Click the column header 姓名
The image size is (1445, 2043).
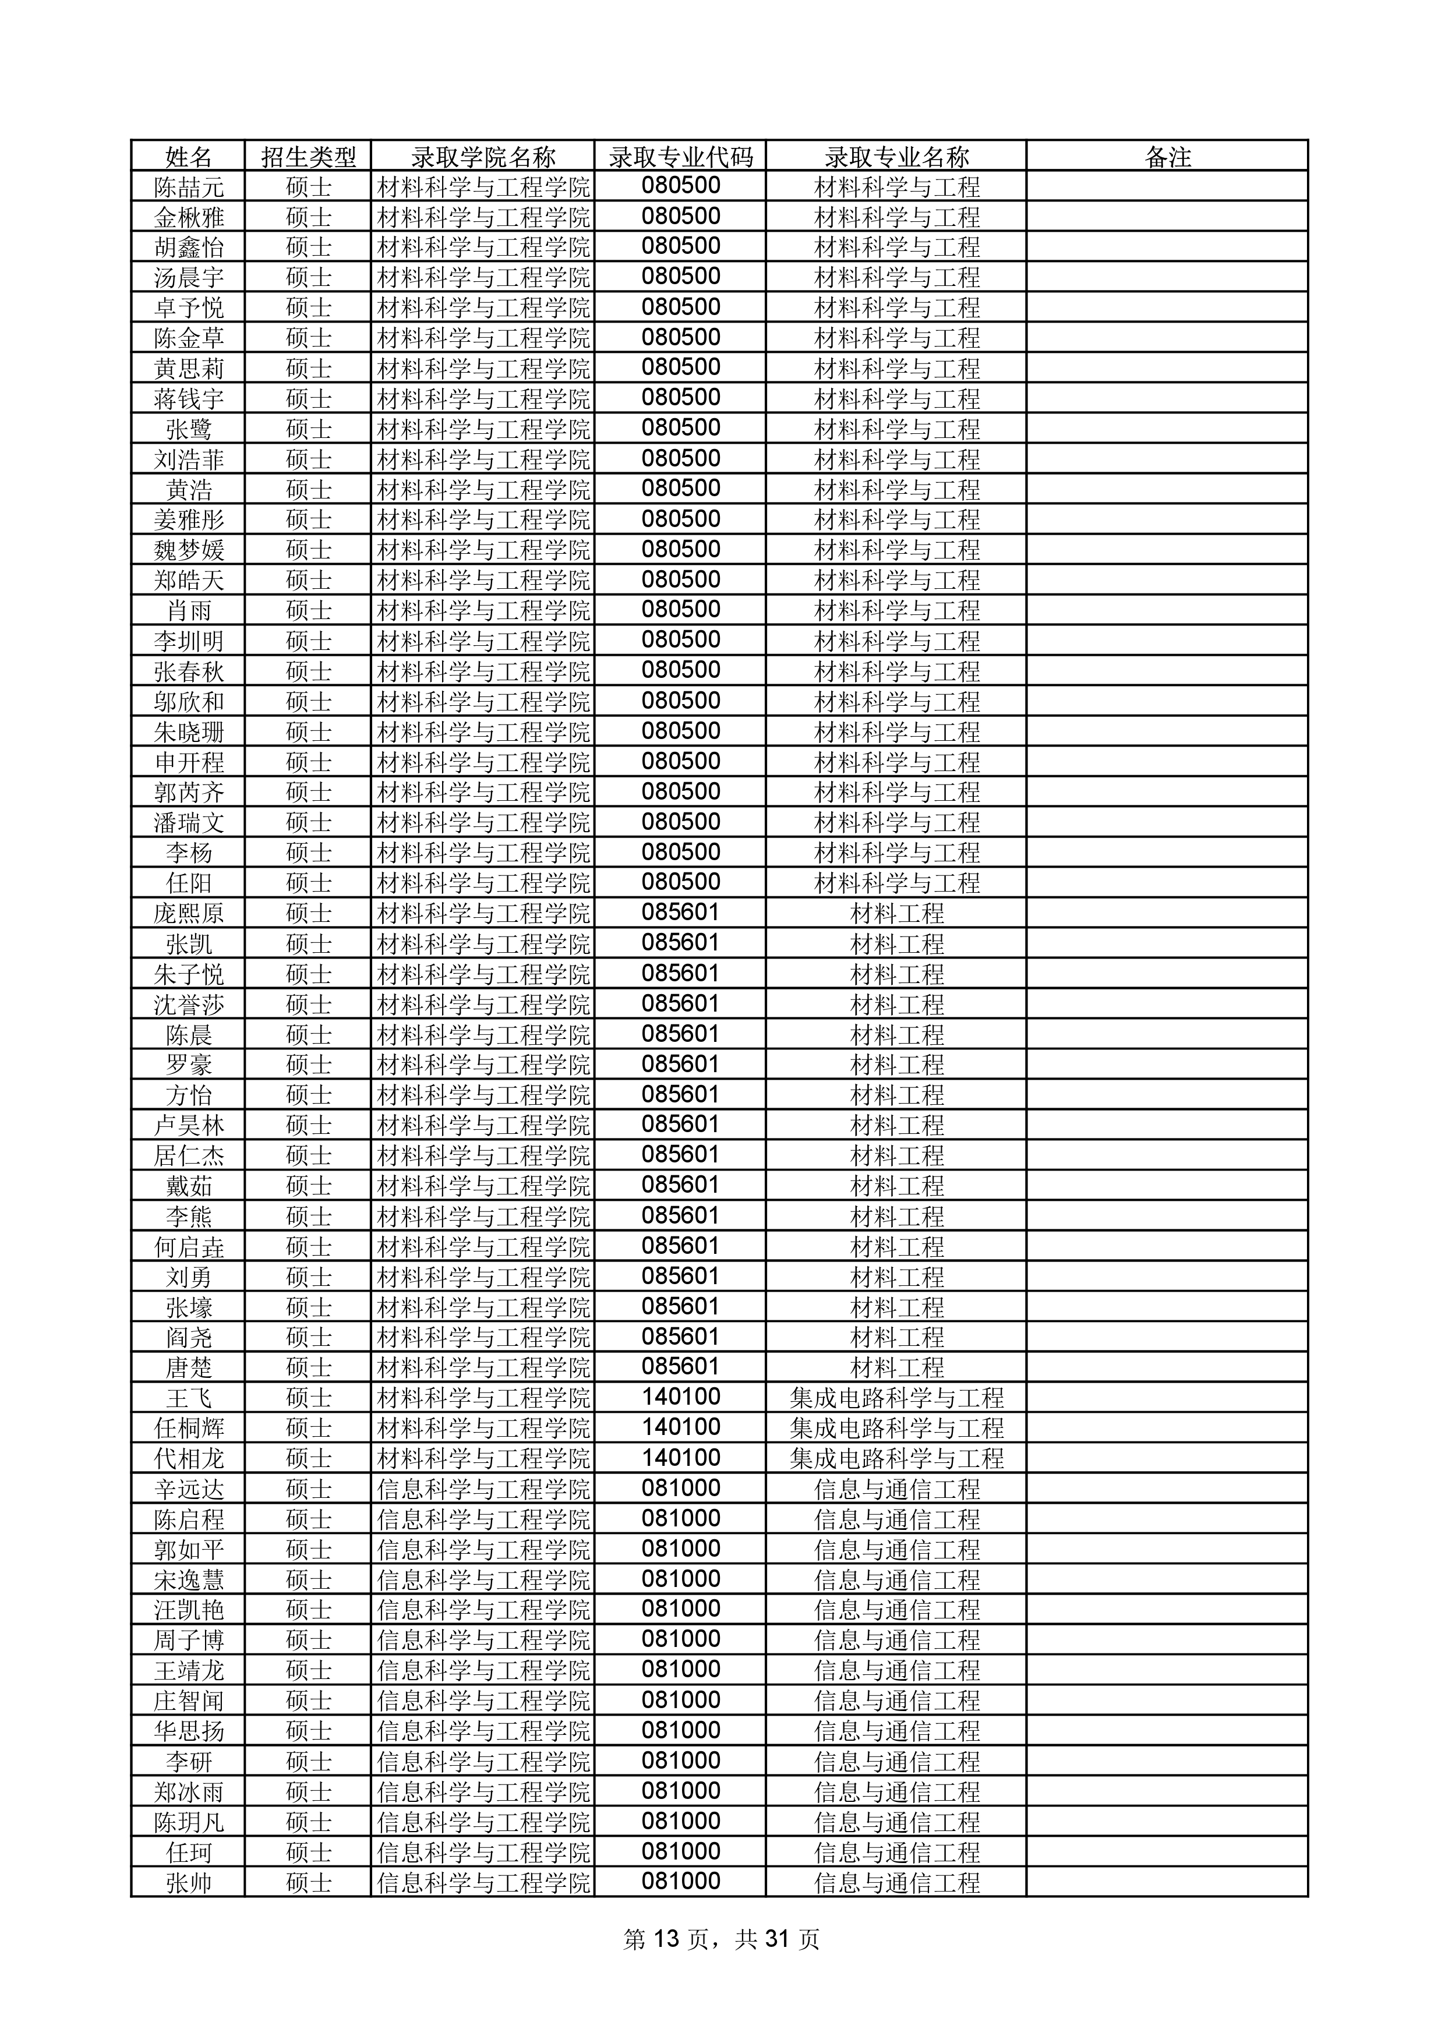[x=189, y=157]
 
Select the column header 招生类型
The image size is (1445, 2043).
[x=308, y=157]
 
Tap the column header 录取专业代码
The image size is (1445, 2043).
[x=681, y=157]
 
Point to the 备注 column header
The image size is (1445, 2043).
[x=1167, y=157]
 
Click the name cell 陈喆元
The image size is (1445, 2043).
[x=189, y=187]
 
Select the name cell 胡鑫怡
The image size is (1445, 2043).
[x=189, y=248]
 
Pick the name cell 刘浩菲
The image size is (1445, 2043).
[x=189, y=459]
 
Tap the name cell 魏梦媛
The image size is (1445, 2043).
[x=189, y=550]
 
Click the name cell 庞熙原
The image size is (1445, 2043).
[x=189, y=913]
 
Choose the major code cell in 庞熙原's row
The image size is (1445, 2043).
[x=681, y=913]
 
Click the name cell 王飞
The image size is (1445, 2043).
[x=189, y=1397]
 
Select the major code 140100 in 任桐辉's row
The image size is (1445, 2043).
[x=681, y=1427]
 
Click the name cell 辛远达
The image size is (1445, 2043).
[x=189, y=1489]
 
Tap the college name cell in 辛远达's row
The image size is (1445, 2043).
[x=483, y=1489]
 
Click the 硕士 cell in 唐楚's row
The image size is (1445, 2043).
[x=308, y=1367]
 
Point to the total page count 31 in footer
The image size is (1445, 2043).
[x=778, y=1939]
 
